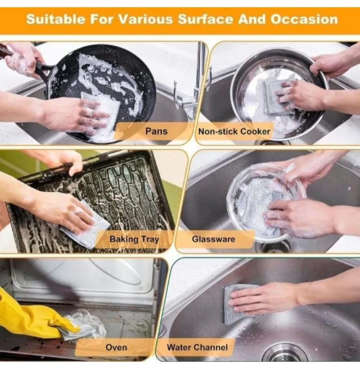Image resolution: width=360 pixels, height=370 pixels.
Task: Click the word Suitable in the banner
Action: (56, 19)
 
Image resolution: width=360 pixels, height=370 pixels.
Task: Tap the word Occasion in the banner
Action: (304, 19)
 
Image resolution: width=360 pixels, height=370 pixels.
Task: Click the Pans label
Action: (156, 131)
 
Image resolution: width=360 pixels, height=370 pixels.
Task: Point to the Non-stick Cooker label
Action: (234, 132)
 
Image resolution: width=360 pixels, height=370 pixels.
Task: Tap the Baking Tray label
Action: (134, 239)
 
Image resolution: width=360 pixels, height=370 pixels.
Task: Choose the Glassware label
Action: (213, 239)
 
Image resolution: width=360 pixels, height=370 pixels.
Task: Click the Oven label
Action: (116, 347)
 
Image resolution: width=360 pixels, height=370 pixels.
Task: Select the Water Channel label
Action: (197, 347)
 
